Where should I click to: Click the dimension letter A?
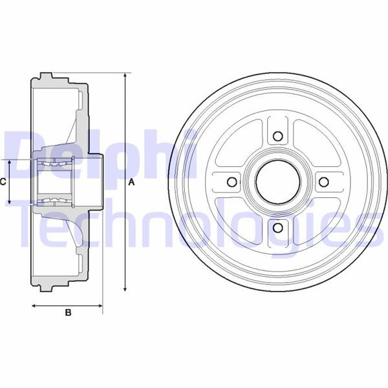click(131, 182)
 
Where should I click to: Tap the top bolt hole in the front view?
click(278, 136)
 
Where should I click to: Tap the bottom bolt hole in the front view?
click(278, 227)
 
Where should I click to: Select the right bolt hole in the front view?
click(323, 182)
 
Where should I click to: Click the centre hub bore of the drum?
click(278, 182)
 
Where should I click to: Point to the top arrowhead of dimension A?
click(124, 76)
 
